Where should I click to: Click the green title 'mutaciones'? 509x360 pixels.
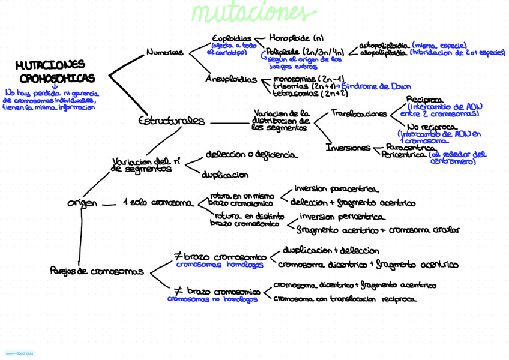click(253, 13)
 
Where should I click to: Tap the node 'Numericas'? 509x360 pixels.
click(165, 53)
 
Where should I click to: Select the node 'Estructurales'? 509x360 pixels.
click(172, 121)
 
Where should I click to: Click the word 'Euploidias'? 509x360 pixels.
click(231, 38)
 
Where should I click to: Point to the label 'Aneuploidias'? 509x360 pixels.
click(231, 79)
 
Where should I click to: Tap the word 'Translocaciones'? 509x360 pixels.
click(359, 113)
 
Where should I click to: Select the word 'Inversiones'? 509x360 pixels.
click(348, 147)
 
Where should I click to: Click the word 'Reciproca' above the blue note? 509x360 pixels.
click(425, 100)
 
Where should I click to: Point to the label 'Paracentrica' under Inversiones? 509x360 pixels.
click(411, 147)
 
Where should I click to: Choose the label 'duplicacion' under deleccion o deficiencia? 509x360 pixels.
click(225, 175)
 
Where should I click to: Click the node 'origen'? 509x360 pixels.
click(82, 203)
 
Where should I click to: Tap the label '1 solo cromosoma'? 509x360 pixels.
click(158, 203)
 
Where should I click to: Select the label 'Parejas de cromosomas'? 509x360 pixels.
click(97, 271)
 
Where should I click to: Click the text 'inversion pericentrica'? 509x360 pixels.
click(342, 217)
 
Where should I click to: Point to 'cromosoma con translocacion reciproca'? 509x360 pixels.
click(345, 298)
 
